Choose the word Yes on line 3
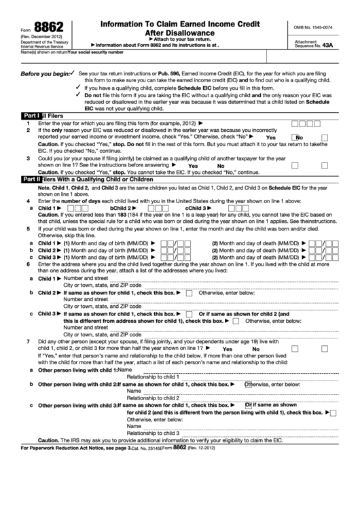pos(193,166)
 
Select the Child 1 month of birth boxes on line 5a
pos(167,243)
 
